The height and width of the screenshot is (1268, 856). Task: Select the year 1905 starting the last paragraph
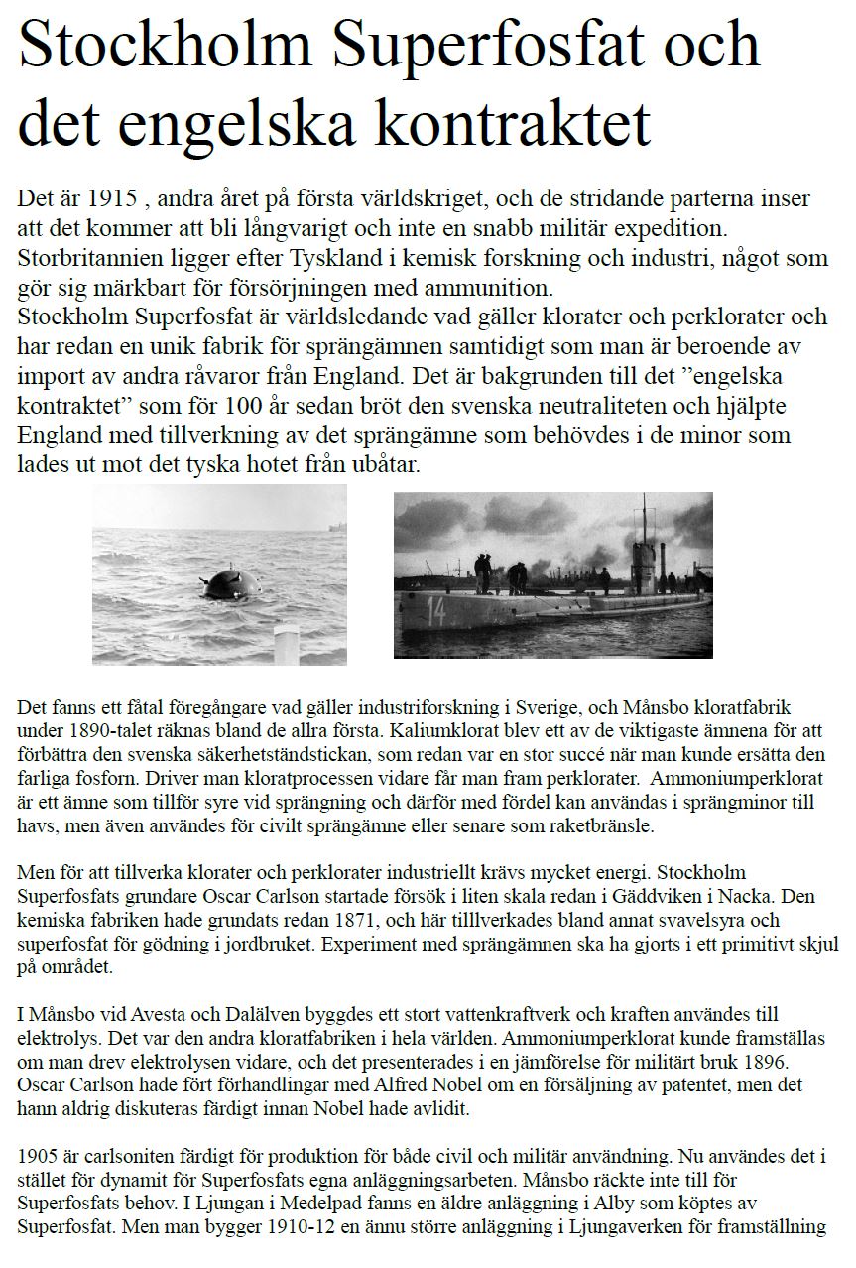click(38, 1157)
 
